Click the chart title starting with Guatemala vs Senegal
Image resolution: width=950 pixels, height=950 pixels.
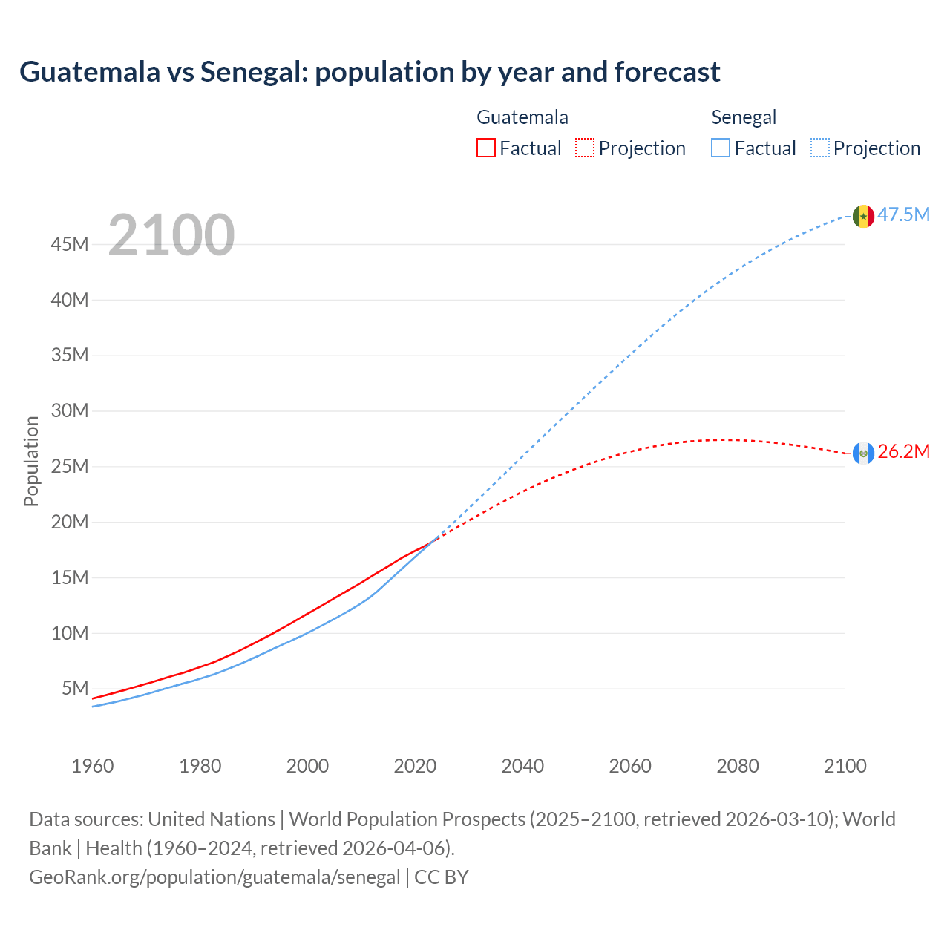tap(370, 72)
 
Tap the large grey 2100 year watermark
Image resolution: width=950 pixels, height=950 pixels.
tap(171, 236)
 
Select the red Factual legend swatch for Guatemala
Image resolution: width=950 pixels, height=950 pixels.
tap(485, 148)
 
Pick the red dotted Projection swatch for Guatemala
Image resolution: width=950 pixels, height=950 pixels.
tap(585, 148)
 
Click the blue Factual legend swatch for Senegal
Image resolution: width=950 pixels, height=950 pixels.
tap(720, 148)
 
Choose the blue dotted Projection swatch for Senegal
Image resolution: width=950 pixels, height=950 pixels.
tap(819, 148)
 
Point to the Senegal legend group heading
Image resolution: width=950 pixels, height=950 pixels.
tap(744, 117)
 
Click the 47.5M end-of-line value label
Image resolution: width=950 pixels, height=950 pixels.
tap(903, 215)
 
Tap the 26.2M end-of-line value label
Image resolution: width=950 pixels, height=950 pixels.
tap(903, 452)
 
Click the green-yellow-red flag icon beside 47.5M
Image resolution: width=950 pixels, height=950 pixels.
tap(863, 216)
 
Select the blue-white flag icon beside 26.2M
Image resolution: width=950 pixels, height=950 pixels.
tap(863, 453)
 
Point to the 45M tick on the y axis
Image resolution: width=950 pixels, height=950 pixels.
tap(70, 244)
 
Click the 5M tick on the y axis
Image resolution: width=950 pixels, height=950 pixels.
tap(75, 688)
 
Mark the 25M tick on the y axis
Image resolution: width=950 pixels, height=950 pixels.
tap(70, 466)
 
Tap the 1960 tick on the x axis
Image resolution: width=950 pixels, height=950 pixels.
tap(93, 766)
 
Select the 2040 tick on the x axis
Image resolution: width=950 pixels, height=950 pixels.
tap(522, 766)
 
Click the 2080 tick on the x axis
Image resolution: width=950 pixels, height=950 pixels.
tap(738, 766)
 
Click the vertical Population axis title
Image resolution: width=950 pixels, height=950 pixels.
tap(31, 461)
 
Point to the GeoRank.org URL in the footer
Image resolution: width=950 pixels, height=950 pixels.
tap(214, 877)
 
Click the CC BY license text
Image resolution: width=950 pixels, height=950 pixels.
tap(442, 877)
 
